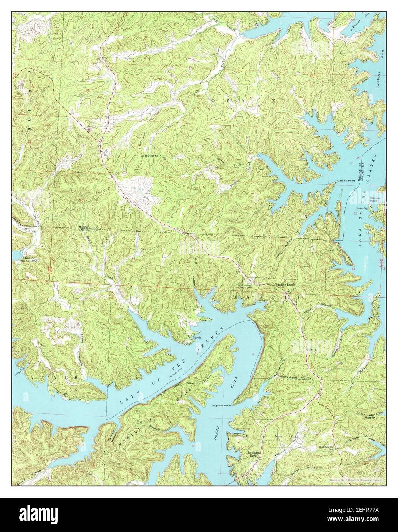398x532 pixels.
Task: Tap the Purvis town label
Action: tap(197, 338)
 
